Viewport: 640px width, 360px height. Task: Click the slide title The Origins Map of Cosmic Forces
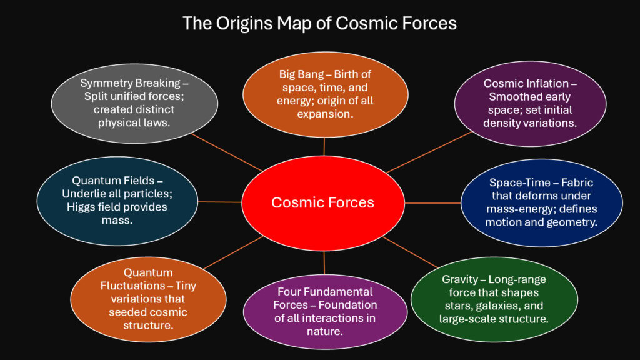pyautogui.click(x=319, y=24)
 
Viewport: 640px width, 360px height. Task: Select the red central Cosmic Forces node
pyautogui.click(x=322, y=202)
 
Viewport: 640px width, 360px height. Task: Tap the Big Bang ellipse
pyautogui.click(x=324, y=94)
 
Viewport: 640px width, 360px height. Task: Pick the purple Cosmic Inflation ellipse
pyautogui.click(x=529, y=103)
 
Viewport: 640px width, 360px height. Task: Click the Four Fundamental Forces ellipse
pyautogui.click(x=324, y=310)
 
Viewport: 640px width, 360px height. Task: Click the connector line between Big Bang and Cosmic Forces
pyautogui.click(x=324, y=146)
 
